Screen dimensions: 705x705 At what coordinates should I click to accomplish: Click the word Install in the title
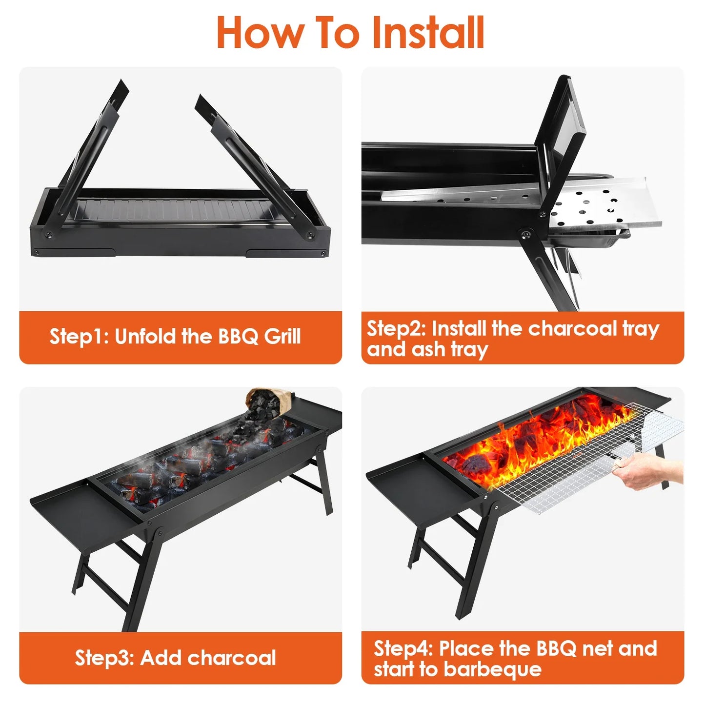point(428,33)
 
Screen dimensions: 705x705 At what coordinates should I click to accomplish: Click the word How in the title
point(259,33)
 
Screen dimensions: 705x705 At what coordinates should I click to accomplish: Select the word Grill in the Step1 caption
point(282,337)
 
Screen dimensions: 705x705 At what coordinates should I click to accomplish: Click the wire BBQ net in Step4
point(576,468)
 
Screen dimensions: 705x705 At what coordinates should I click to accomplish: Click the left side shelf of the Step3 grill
point(78,507)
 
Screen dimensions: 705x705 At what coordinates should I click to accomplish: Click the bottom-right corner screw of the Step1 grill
point(322,253)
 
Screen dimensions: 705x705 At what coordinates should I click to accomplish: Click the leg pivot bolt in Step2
point(524,235)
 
